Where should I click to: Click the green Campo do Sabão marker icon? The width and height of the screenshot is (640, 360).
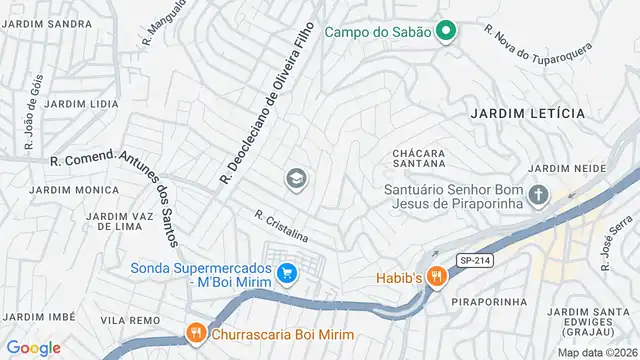tap(446, 31)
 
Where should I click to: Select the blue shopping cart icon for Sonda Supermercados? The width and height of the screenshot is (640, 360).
tap(287, 272)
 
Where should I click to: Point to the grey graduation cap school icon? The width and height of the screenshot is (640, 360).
tap(296, 180)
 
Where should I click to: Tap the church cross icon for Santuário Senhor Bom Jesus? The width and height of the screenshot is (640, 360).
tap(539, 194)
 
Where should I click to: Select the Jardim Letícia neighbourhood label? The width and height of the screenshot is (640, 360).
tap(527, 114)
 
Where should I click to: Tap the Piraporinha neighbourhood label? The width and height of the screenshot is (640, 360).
tap(483, 300)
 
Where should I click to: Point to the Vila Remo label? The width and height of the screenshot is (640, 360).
tap(131, 320)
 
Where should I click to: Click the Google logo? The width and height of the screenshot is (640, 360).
tap(33, 348)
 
